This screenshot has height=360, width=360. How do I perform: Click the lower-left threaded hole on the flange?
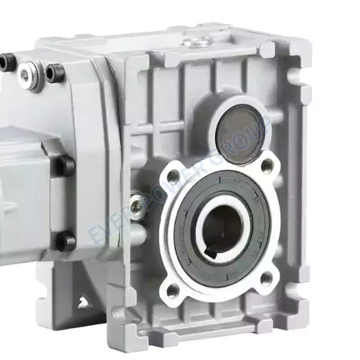(x=173, y=291)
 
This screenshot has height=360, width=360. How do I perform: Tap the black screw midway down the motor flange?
(x=65, y=166)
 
